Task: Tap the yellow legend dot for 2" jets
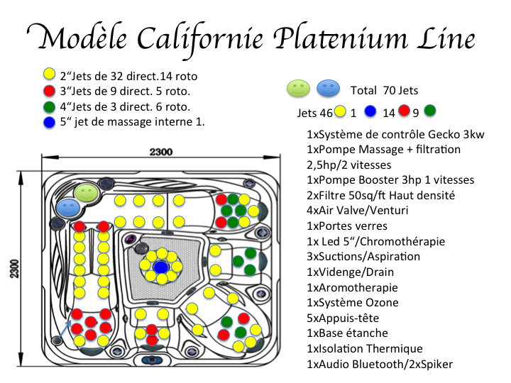[49, 74]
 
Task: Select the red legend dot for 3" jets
[49, 90]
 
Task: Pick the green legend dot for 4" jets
[49, 106]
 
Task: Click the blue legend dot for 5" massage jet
[49, 122]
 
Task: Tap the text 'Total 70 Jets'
[384, 91]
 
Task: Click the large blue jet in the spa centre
[160, 267]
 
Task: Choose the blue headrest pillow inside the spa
[69, 207]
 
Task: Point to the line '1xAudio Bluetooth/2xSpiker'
[379, 365]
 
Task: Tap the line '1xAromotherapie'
[352, 287]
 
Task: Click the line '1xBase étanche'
[347, 333]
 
